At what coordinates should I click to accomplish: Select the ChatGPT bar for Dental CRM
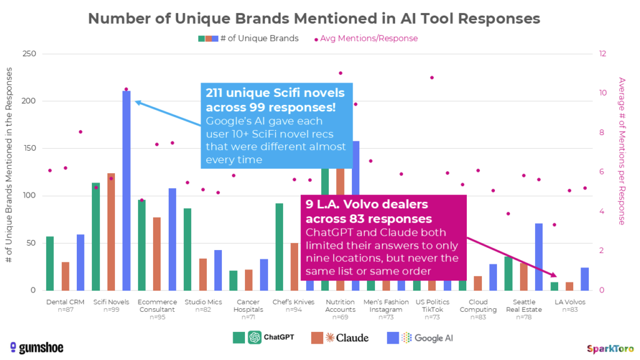tap(50, 263)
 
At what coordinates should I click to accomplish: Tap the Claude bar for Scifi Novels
tap(111, 232)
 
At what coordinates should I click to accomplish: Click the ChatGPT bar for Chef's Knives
tap(279, 247)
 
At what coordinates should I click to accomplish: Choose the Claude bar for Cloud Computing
tap(478, 283)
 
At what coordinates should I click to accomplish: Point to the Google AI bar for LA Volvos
tap(584, 279)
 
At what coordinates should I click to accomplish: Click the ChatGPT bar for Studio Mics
tap(187, 249)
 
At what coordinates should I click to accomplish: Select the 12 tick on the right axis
tap(604, 54)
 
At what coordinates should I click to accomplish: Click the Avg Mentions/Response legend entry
tap(369, 38)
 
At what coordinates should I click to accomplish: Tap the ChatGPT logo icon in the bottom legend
tap(254, 337)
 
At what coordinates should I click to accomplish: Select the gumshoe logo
tap(36, 347)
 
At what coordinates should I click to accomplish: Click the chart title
tap(314, 19)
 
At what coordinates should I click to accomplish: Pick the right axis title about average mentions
tap(621, 151)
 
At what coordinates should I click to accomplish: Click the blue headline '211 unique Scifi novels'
tap(275, 100)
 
